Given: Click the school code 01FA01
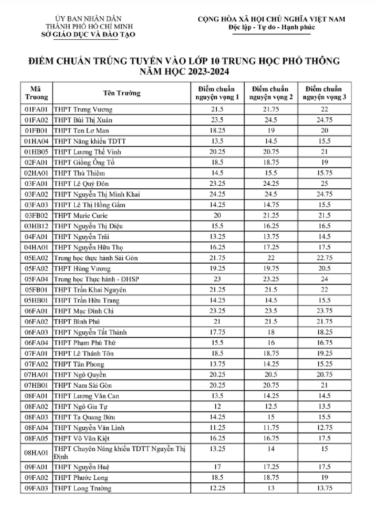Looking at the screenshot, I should (36, 109).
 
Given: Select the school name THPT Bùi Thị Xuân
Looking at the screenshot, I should (83, 120).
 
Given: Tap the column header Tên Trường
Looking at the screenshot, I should (122, 93).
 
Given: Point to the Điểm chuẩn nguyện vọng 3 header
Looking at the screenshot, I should (324, 93).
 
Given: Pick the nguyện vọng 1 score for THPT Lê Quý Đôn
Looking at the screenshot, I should (217, 184).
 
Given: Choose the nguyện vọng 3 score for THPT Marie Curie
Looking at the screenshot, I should (324, 215).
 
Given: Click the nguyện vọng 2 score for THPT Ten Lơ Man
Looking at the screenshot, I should (271, 130).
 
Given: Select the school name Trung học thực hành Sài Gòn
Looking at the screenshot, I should (96, 258).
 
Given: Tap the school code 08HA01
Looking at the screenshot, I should (36, 453).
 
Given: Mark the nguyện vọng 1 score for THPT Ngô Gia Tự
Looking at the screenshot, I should (217, 406).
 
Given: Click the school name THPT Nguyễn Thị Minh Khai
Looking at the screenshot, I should (97, 194).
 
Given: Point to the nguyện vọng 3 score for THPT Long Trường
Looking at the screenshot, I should (324, 488).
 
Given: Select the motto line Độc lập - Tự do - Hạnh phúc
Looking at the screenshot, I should (271, 27).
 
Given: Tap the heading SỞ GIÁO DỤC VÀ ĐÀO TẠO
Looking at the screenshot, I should (88, 34).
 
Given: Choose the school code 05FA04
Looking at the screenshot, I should (36, 279).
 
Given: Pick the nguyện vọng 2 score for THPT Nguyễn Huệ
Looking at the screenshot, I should (271, 467).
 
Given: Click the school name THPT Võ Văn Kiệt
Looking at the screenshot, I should (82, 439).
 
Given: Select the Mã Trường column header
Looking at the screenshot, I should (36, 93).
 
